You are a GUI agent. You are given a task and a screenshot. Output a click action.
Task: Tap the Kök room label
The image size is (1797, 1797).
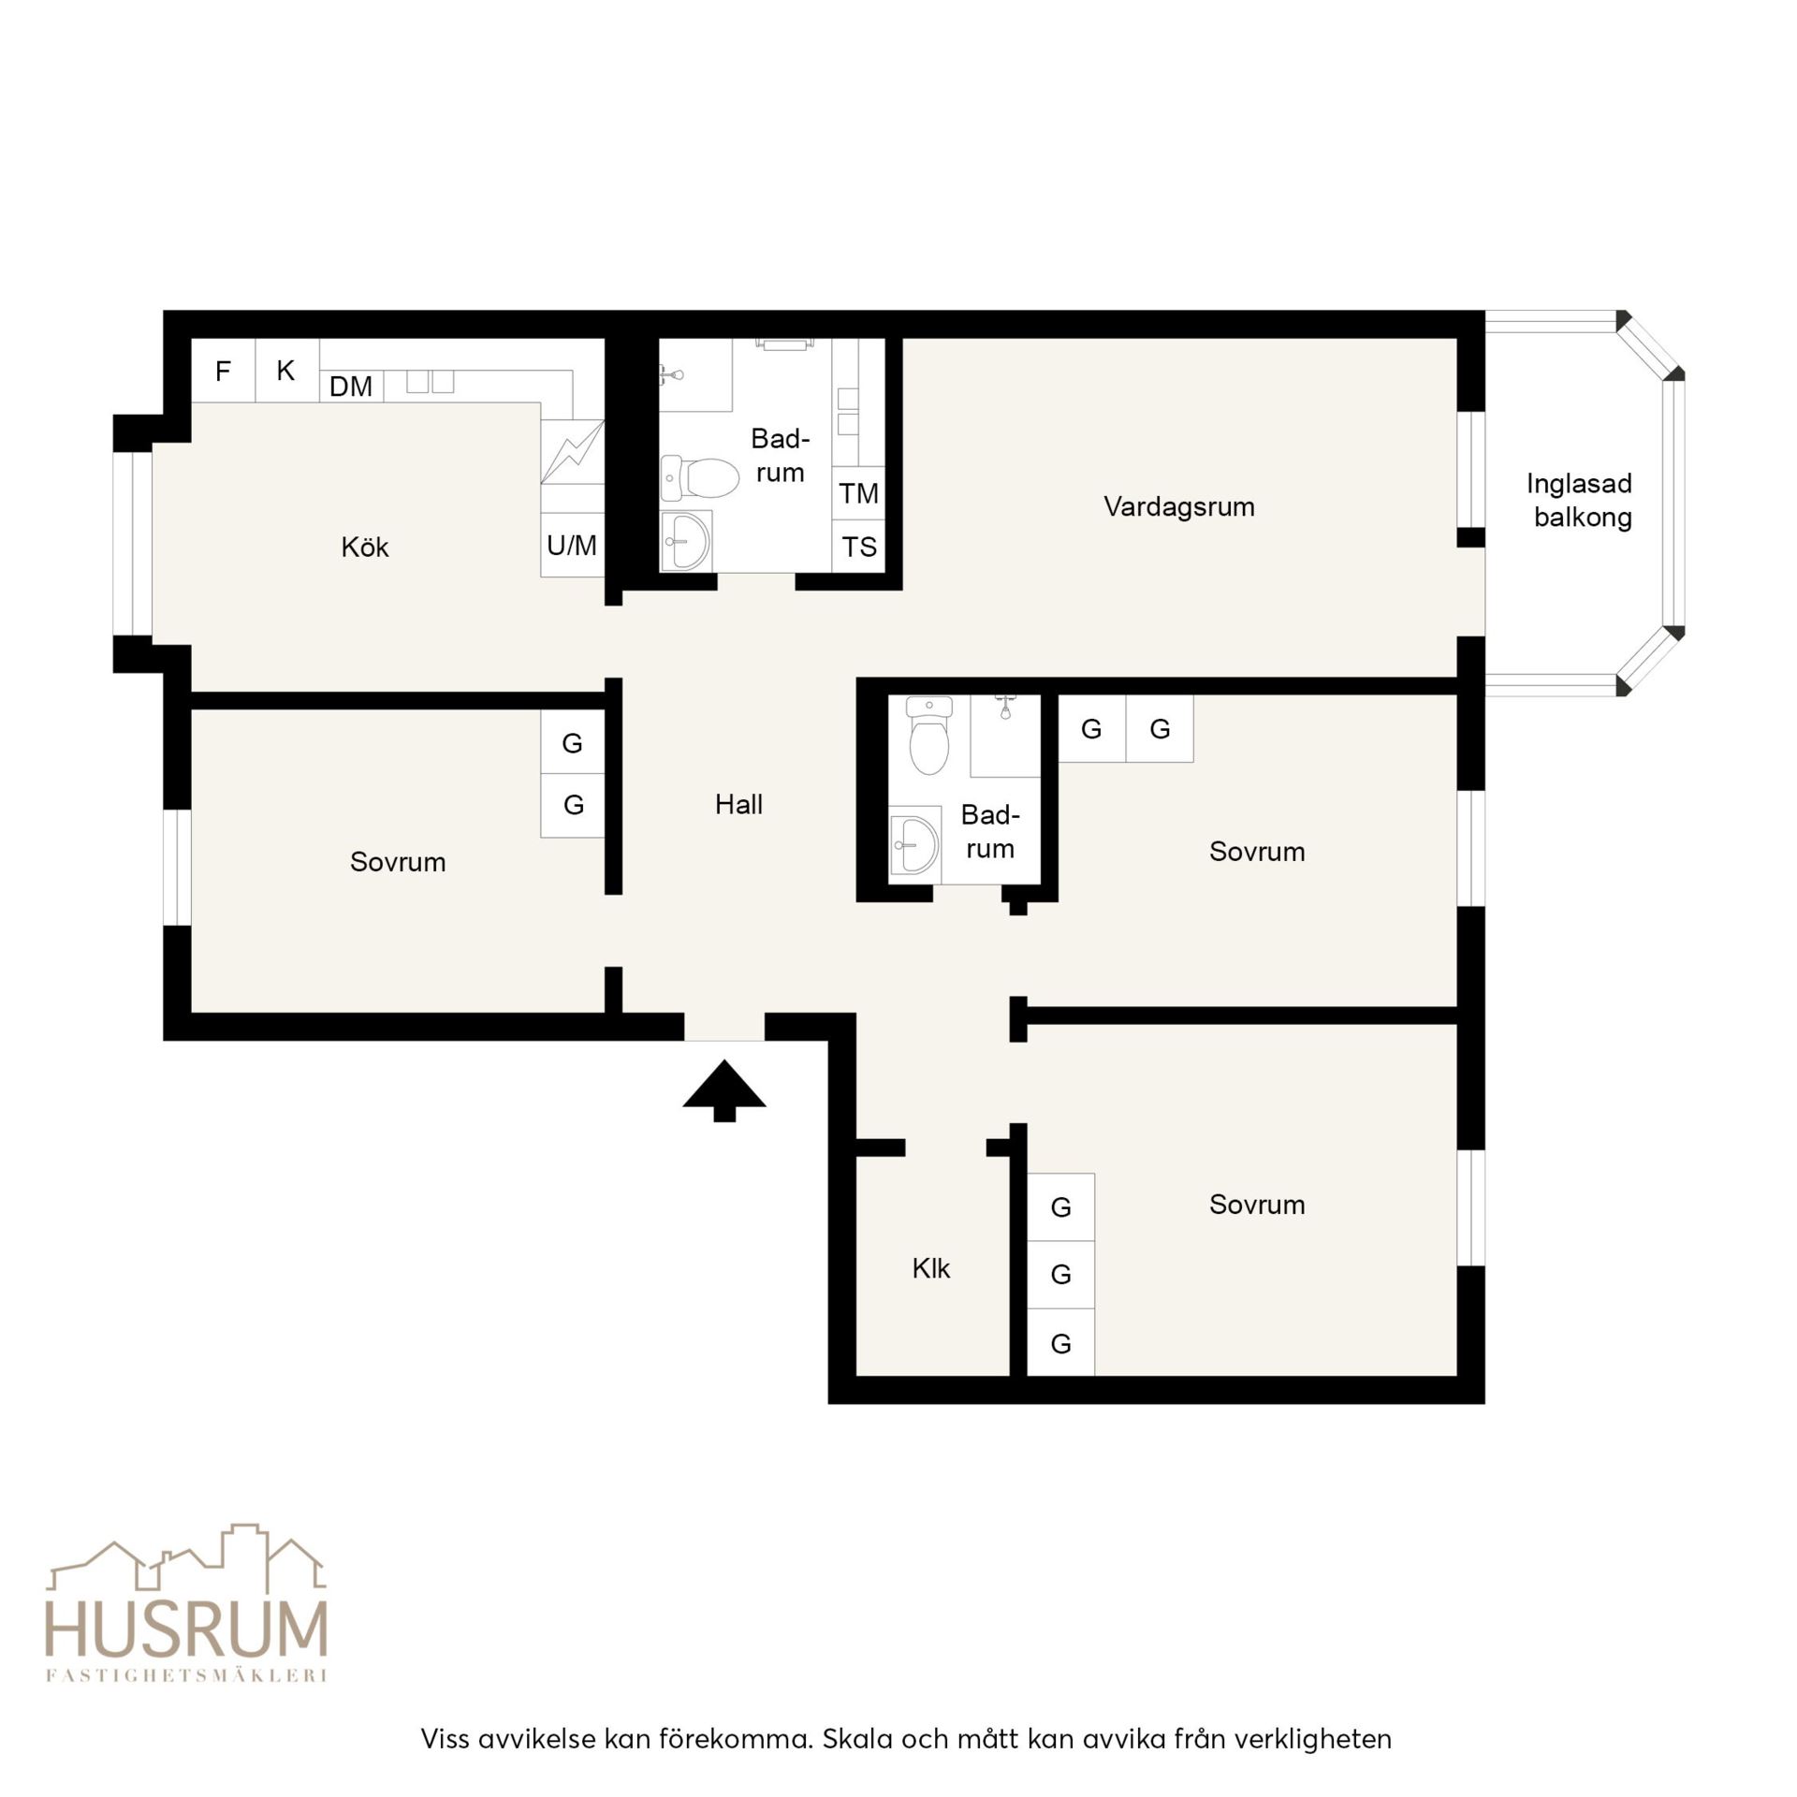coord(364,547)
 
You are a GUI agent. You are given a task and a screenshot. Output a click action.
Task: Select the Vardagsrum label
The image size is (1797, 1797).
coord(1178,507)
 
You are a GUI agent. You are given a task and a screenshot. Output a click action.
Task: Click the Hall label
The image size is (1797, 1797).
coord(738,804)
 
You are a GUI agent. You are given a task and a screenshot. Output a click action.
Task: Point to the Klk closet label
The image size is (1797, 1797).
coord(930,1268)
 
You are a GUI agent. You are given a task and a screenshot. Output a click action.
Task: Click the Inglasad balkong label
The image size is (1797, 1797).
coord(1580,500)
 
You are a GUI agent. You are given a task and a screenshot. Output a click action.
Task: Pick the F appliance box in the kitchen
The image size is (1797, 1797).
coord(224,371)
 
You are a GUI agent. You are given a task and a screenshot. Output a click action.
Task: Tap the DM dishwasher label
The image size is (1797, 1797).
coord(351,386)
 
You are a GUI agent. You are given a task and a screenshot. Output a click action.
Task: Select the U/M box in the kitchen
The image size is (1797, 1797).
coord(572,545)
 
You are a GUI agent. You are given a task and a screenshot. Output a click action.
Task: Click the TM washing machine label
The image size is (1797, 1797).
coord(858,493)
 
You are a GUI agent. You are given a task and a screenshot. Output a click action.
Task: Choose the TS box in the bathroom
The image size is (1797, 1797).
coord(858,547)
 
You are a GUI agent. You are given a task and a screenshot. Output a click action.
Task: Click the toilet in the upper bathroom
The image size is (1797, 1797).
coord(699,477)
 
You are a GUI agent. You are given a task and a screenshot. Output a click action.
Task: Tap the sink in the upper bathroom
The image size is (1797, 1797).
coord(686,540)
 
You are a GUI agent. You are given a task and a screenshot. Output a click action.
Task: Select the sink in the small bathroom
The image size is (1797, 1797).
coord(914,844)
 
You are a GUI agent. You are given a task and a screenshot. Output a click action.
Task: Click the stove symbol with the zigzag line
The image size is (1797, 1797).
coord(572,452)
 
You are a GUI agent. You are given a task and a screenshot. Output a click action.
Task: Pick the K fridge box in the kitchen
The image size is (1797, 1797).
coord(287,371)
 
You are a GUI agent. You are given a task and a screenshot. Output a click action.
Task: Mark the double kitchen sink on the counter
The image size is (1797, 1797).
coord(430,382)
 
